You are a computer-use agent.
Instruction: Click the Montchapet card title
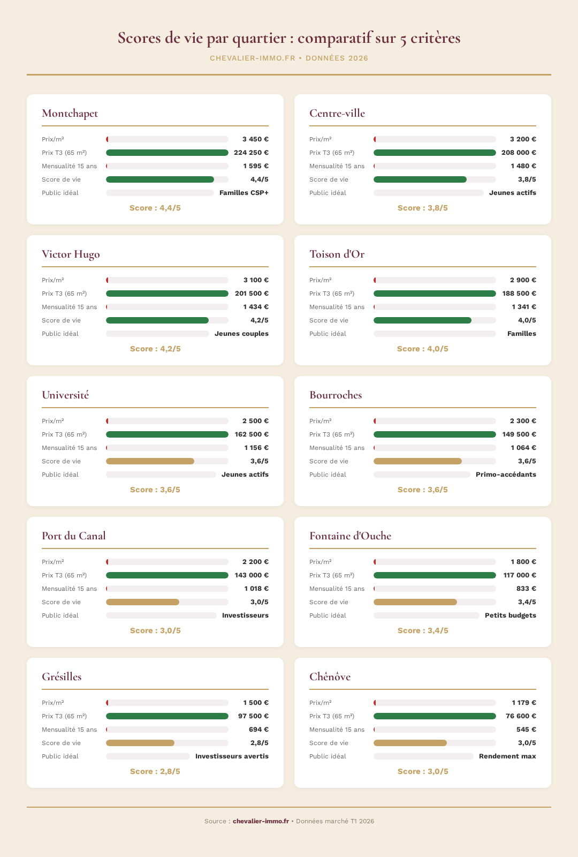[x=70, y=114]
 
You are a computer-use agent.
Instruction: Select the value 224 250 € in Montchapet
[x=251, y=153]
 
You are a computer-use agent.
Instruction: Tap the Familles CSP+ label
[x=244, y=193]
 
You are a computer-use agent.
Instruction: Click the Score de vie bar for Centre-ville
[x=420, y=179]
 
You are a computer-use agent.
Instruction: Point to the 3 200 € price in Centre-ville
[x=523, y=139]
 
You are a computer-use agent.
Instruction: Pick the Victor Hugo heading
[x=71, y=254]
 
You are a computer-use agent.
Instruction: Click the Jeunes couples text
[x=241, y=334]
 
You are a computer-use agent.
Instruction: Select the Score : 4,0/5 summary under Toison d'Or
[x=422, y=349]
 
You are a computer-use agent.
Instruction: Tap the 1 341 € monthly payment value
[x=523, y=307]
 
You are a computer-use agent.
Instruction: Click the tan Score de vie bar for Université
[x=150, y=461]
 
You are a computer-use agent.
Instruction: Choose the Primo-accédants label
[x=506, y=475]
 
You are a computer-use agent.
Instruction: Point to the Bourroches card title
[x=336, y=395]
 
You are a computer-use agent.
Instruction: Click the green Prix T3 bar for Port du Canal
[x=167, y=575]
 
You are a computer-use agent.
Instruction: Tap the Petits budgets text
[x=510, y=615]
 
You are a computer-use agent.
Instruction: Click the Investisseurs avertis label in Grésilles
[x=232, y=756]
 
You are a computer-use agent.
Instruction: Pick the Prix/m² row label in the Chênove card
[x=320, y=703]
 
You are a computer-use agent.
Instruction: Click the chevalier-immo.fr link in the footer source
[x=261, y=821]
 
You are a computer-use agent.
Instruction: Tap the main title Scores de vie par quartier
[x=289, y=39]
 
